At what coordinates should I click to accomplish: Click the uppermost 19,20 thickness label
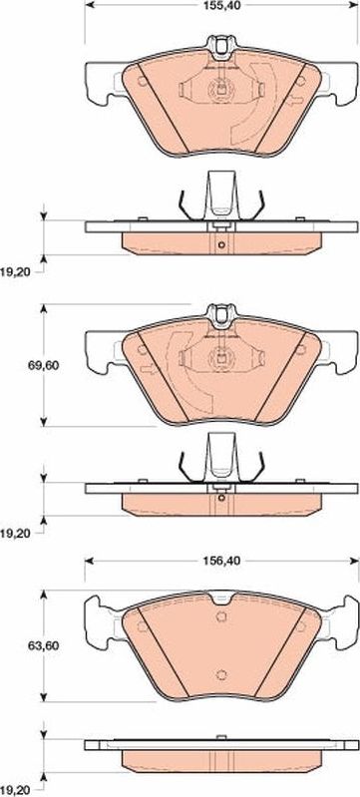[x=15, y=272]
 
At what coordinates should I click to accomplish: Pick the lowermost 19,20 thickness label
[x=15, y=791]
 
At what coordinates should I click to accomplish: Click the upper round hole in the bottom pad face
[x=220, y=616]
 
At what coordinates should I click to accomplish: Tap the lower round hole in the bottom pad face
[x=220, y=674]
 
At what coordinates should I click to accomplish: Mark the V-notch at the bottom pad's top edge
[x=221, y=598]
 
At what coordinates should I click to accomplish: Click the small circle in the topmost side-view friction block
[x=220, y=245]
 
